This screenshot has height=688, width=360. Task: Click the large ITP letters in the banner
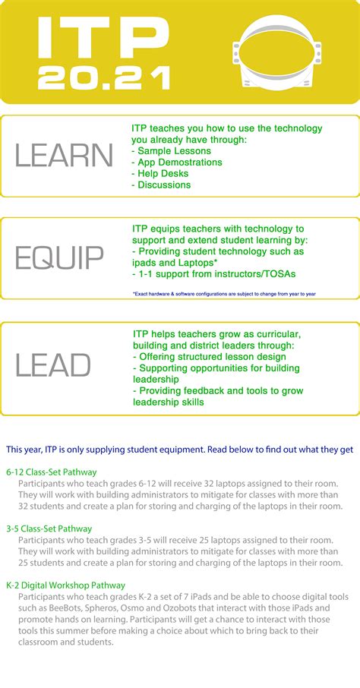[x=103, y=38]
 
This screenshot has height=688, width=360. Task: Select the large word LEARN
[x=64, y=156]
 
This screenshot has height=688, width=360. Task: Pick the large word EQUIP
[x=59, y=258]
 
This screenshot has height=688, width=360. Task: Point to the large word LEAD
[x=53, y=366]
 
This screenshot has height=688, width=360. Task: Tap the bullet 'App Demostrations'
[x=176, y=163]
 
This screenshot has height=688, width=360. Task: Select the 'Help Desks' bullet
[x=161, y=174]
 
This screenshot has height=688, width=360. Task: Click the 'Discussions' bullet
[x=161, y=185]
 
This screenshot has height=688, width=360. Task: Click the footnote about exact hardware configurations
[x=224, y=293]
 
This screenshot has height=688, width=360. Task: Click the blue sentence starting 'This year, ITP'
[x=179, y=450]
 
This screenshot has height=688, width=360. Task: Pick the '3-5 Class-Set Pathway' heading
[x=49, y=529]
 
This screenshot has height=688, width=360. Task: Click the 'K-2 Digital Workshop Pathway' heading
[x=65, y=585]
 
